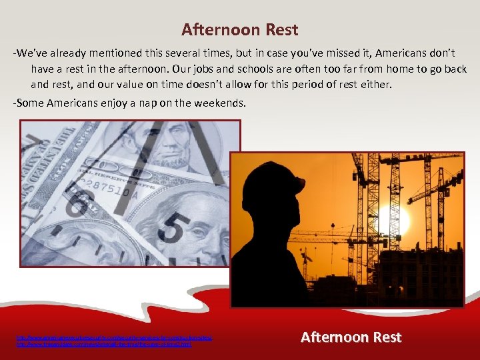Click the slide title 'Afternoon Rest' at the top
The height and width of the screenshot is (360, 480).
[240, 30]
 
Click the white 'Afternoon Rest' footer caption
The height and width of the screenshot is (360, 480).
[351, 337]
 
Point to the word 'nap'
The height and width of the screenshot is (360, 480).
[142, 103]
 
